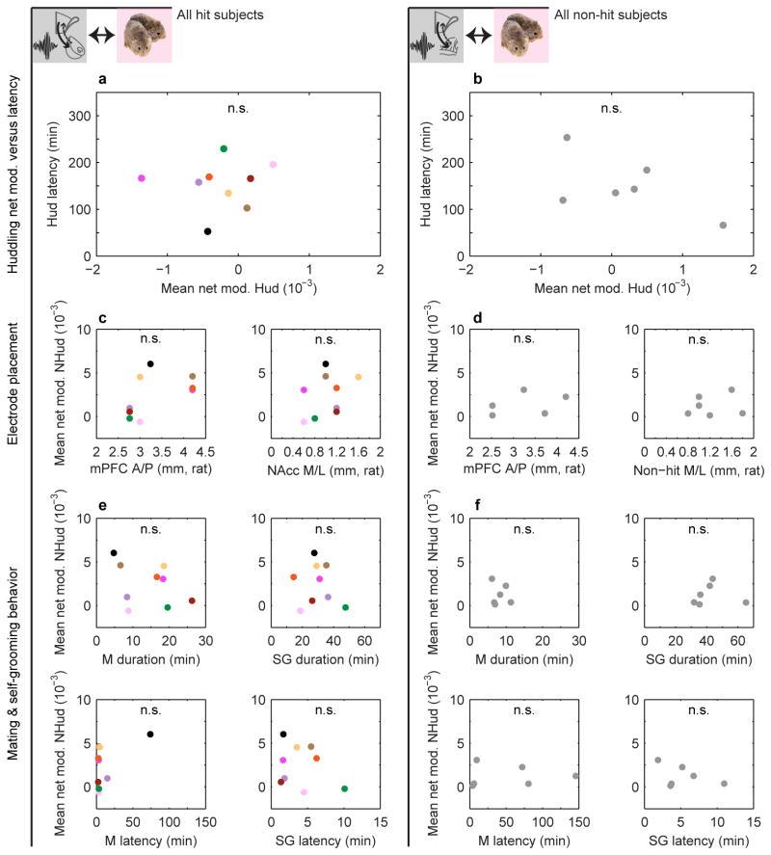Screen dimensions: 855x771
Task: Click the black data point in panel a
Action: pyautogui.click(x=207, y=231)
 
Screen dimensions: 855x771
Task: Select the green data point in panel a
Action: pyautogui.click(x=224, y=148)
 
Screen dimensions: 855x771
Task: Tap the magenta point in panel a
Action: pyautogui.click(x=142, y=178)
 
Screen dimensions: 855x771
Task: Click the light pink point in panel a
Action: pyautogui.click(x=274, y=165)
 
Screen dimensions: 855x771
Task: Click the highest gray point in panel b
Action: pyautogui.click(x=567, y=138)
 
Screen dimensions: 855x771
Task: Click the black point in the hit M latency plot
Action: pyautogui.click(x=150, y=735)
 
